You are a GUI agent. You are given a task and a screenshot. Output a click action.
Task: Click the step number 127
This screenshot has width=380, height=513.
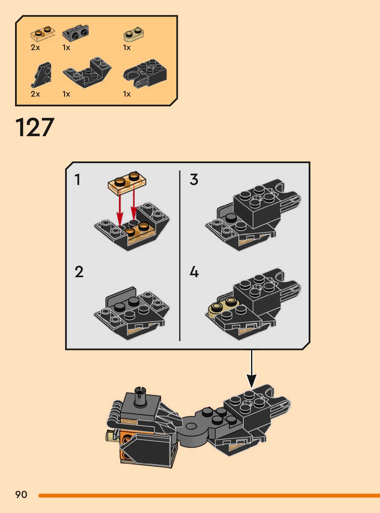35,127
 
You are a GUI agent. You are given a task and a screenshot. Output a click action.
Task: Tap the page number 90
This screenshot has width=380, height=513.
21,495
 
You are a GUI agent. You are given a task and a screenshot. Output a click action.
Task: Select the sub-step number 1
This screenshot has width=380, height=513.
78,179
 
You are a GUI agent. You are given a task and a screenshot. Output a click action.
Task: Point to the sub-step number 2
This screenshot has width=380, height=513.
79,272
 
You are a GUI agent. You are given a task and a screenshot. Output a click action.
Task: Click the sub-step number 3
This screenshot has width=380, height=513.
194,179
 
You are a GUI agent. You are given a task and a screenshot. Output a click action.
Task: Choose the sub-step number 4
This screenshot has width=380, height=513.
194,272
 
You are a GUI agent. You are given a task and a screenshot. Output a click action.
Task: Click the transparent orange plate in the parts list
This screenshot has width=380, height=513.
43,33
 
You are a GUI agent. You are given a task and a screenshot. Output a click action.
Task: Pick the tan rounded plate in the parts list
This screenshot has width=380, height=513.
134,34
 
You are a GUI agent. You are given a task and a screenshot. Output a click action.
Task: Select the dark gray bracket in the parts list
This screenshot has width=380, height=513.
75,33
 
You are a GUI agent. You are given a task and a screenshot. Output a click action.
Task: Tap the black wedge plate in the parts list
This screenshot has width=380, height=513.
42,75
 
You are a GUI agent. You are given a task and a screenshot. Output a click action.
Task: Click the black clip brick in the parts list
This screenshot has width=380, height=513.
145,74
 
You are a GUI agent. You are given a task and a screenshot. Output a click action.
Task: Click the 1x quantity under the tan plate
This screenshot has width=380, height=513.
127,48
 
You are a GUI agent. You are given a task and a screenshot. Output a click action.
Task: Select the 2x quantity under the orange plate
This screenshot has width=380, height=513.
35,48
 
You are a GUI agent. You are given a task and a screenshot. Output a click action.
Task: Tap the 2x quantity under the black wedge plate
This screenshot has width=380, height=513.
35,94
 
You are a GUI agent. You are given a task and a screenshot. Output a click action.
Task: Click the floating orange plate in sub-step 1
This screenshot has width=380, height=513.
127,182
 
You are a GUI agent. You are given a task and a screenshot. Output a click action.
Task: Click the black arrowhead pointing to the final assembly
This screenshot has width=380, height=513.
252,381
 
